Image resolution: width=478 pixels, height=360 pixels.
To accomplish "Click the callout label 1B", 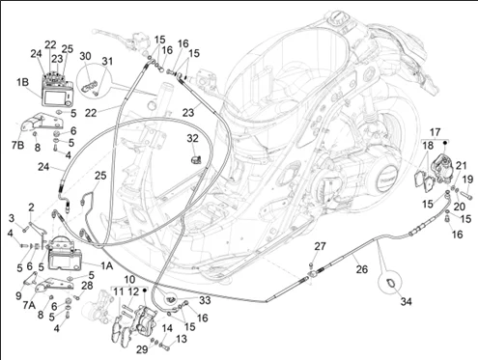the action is tap(22, 82).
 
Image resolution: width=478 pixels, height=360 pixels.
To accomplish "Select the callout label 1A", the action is tap(106, 265).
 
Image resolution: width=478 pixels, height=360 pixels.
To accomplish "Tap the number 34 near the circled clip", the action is tap(407, 302).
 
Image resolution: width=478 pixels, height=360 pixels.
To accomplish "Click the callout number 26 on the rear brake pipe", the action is tap(362, 269).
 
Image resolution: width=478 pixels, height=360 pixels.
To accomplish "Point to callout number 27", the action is tap(320, 246).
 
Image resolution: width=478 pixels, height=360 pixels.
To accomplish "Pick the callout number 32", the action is tap(192, 139).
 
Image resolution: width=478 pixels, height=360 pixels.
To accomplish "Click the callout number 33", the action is tap(205, 300).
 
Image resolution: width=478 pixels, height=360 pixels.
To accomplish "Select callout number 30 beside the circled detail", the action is tap(85, 56).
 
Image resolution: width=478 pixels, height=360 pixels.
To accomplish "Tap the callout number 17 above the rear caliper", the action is tap(435, 132).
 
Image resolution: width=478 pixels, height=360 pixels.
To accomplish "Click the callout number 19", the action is tap(468, 180).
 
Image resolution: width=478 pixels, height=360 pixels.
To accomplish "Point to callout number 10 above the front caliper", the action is tap(129, 280).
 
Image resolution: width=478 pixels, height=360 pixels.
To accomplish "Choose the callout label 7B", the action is tap(18, 146).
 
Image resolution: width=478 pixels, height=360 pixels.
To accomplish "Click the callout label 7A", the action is tap(29, 305).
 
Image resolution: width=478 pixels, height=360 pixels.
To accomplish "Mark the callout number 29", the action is tap(142, 349).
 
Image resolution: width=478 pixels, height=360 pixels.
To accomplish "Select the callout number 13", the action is tap(182, 339).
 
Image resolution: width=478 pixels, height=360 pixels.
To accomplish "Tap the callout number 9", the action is tap(19, 295).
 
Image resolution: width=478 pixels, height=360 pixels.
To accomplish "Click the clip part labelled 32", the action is tap(196, 159).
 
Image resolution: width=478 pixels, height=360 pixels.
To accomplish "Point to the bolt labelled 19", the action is tap(466, 195).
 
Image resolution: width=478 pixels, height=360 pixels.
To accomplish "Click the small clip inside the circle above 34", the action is tap(389, 283).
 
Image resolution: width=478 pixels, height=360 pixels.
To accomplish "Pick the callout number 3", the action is tap(12, 218).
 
